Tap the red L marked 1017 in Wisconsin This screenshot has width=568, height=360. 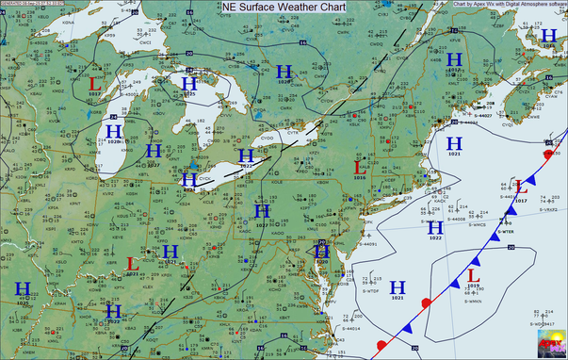click(x=93, y=85)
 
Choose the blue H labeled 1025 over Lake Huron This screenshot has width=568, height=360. click(x=189, y=85)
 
